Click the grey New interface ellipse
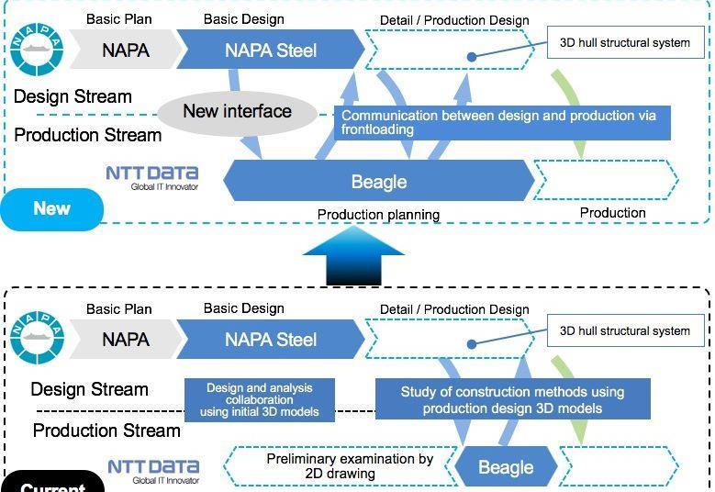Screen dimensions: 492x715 (237, 112)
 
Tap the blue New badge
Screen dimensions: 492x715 (51, 208)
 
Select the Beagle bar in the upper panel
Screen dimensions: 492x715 (378, 181)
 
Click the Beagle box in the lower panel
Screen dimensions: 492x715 (506, 467)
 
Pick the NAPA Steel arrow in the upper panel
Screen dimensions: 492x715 (270, 50)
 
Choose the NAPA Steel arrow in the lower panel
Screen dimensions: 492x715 (270, 340)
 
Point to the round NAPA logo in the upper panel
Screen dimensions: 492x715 (37, 49)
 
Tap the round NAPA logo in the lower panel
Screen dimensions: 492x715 (37, 339)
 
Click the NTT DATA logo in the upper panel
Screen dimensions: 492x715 (152, 176)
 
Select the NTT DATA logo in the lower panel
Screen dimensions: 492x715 (153, 471)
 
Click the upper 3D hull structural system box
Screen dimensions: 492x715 (624, 42)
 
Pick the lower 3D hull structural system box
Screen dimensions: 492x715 (624, 330)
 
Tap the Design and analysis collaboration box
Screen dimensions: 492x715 (259, 400)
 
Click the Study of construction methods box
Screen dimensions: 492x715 (512, 399)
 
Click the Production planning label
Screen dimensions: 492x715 (378, 214)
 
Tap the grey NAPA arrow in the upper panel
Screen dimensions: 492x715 (125, 50)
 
